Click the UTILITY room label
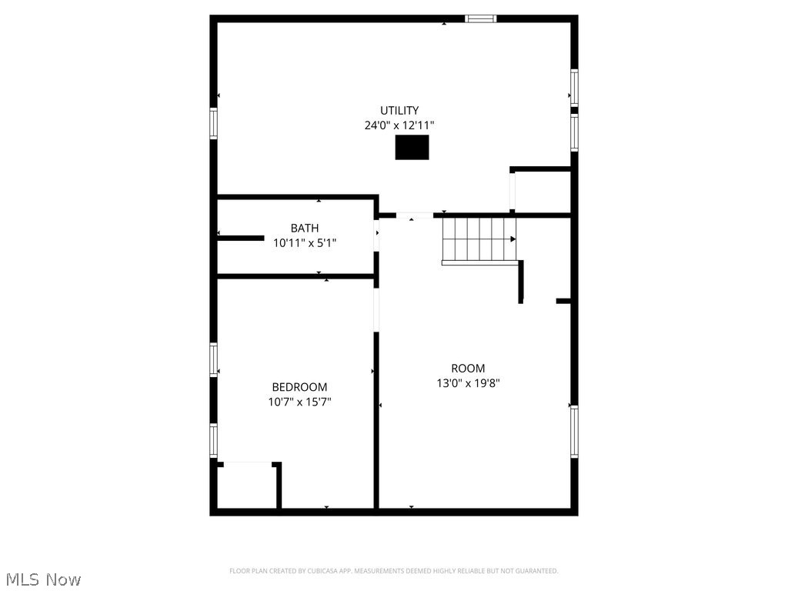[x=399, y=111]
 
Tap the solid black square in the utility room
[x=412, y=147]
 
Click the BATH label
[x=305, y=229]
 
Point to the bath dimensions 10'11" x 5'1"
[x=305, y=242]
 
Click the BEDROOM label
[x=299, y=387]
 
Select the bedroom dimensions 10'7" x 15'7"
[x=299, y=402]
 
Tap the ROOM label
[x=468, y=369]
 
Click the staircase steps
[x=477, y=239]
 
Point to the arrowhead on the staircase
[x=513, y=239]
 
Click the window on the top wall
[x=481, y=18]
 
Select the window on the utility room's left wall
[x=213, y=123]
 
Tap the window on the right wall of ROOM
[x=574, y=432]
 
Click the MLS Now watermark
[x=42, y=579]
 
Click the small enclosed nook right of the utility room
[x=542, y=191]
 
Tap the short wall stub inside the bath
[x=241, y=239]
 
